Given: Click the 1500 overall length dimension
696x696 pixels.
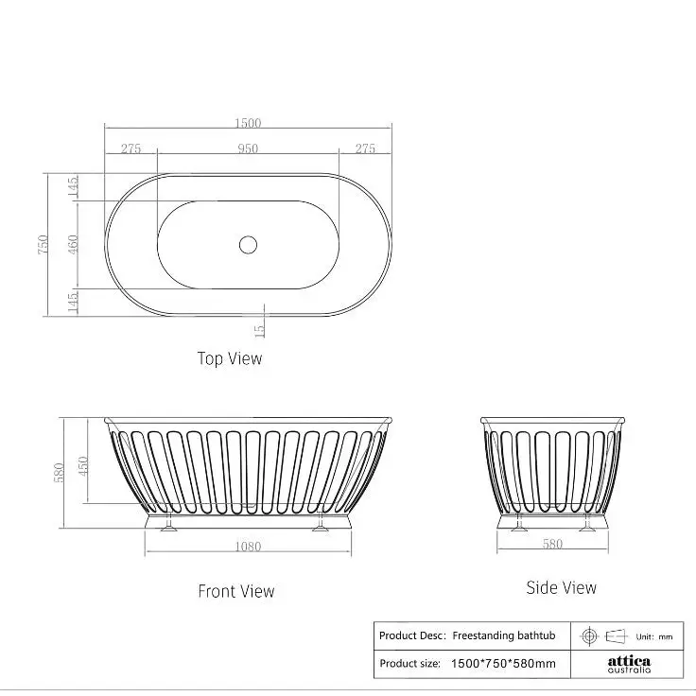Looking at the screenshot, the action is tap(248, 123).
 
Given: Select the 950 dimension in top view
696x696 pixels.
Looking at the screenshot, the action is tap(248, 148).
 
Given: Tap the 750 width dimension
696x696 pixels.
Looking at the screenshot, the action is tap(43, 245).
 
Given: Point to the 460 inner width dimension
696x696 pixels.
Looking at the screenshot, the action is tap(73, 245).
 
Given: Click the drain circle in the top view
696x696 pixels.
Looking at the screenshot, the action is tap(248, 245).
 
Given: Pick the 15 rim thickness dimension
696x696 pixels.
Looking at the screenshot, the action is tap(260, 330).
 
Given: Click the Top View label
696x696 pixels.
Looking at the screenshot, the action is tap(230, 358).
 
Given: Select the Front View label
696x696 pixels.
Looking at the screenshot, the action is tap(236, 591).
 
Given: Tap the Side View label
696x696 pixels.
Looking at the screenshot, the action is tap(561, 587).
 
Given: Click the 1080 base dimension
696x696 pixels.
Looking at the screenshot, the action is tap(248, 547).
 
